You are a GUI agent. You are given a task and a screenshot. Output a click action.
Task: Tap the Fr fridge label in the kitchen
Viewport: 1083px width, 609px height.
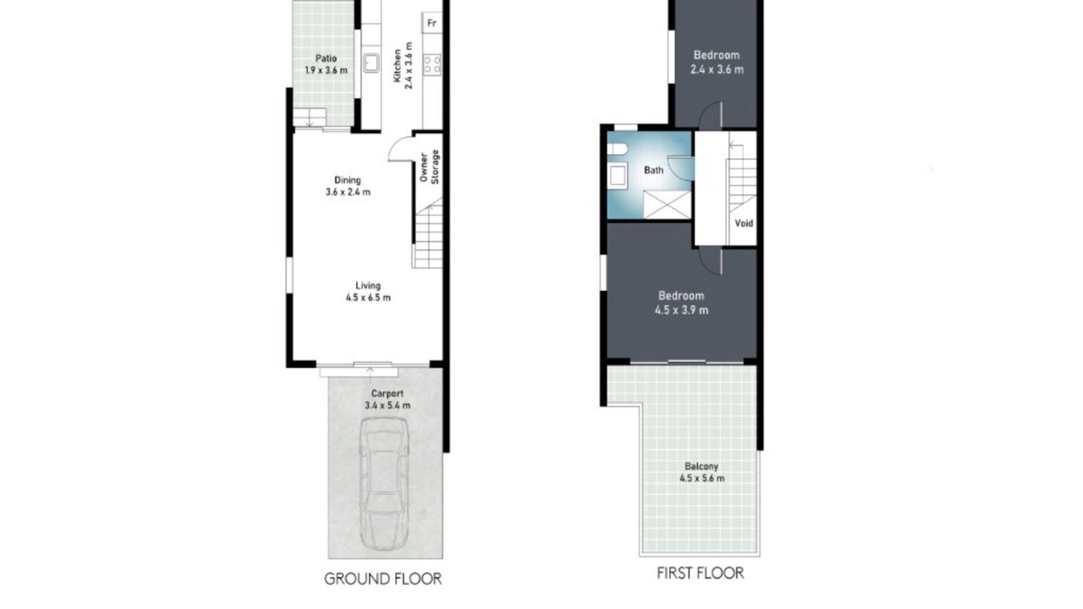432,23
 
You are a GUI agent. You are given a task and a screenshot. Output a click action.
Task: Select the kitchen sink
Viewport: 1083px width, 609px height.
371,63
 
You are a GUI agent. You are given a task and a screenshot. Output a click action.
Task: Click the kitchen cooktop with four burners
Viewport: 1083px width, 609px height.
432,65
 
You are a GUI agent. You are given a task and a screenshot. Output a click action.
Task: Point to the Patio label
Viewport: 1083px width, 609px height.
326,58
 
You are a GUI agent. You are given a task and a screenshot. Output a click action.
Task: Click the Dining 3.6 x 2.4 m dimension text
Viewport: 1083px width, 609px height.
348,192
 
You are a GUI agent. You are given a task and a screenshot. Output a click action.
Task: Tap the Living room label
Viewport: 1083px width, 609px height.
368,285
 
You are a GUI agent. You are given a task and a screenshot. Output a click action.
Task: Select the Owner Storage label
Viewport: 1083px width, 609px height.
429,167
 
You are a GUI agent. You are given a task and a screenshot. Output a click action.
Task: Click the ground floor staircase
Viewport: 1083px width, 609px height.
428,233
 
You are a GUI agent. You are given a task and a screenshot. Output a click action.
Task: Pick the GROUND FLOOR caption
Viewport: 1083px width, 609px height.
382,579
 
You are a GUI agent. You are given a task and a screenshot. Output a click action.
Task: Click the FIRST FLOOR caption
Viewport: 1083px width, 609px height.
700,573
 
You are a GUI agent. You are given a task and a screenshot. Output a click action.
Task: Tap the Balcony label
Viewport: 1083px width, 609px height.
701,466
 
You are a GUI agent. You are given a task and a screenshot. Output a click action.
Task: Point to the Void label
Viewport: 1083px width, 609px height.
744,223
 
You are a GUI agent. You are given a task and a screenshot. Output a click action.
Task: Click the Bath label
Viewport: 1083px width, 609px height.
654,170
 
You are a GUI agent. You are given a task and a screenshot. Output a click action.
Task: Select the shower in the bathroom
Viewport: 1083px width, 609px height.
668,205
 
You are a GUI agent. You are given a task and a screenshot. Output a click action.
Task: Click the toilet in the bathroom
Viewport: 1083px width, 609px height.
618,148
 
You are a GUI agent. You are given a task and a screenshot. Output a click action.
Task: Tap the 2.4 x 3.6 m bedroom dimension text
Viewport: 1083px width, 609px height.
717,69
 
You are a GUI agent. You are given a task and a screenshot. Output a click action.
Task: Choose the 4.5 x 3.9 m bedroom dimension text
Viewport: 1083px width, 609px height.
682,310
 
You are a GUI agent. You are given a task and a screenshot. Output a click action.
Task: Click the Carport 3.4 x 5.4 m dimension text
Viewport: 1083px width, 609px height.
388,405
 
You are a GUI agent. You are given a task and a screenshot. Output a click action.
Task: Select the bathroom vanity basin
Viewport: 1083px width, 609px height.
618,175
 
